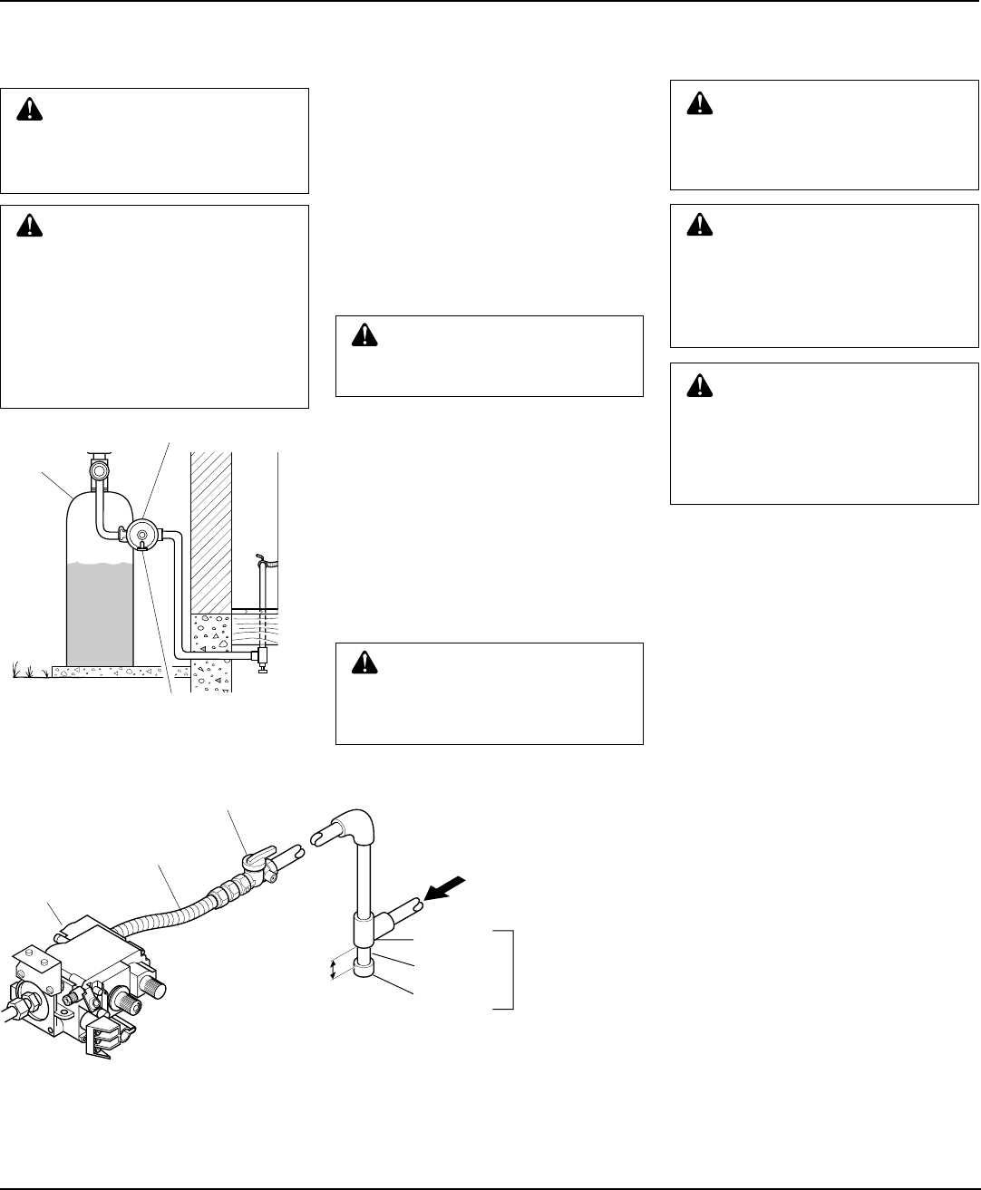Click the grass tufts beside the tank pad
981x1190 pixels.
[28, 671]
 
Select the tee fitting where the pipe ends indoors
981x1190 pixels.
[260, 654]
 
